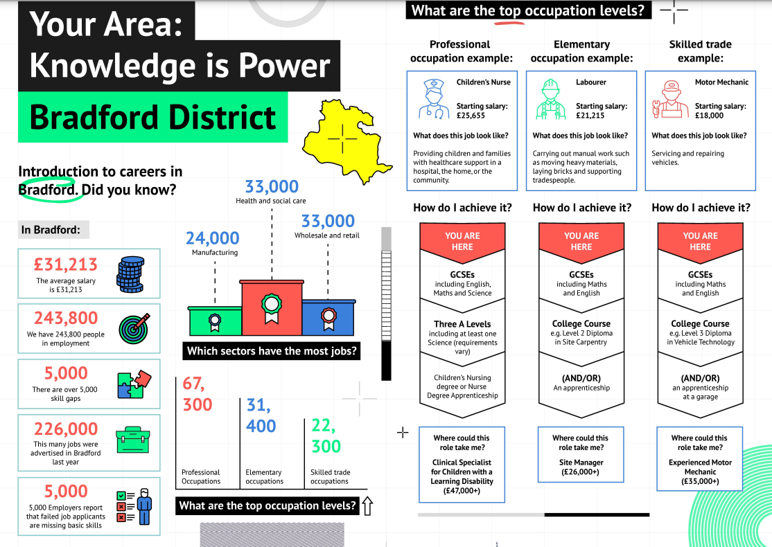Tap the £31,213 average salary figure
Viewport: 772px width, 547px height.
pyautogui.click(x=65, y=264)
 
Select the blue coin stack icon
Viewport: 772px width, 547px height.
pyautogui.click(x=130, y=274)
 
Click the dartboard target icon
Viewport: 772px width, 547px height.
pyautogui.click(x=134, y=328)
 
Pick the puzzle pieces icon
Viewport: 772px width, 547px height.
pyautogui.click(x=134, y=384)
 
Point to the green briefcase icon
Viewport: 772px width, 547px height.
pyautogui.click(x=132, y=440)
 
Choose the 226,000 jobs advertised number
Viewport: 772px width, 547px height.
pyautogui.click(x=66, y=429)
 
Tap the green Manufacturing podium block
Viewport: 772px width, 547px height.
pyautogui.click(x=215, y=321)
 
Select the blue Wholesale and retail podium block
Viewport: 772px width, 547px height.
pyautogui.click(x=328, y=318)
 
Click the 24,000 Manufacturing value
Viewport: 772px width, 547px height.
pyautogui.click(x=212, y=238)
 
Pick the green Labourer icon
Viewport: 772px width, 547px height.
pyautogui.click(x=550, y=100)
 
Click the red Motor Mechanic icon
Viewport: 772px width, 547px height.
pyautogui.click(x=670, y=100)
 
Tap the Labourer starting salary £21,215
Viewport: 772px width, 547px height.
pyautogui.click(x=590, y=116)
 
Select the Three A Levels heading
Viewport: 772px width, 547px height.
pyautogui.click(x=462, y=324)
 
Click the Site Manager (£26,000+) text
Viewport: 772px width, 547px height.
pyautogui.click(x=581, y=467)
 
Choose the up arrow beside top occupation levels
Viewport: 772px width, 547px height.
pyautogui.click(x=367, y=506)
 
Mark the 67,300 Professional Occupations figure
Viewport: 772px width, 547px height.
pyautogui.click(x=198, y=393)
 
